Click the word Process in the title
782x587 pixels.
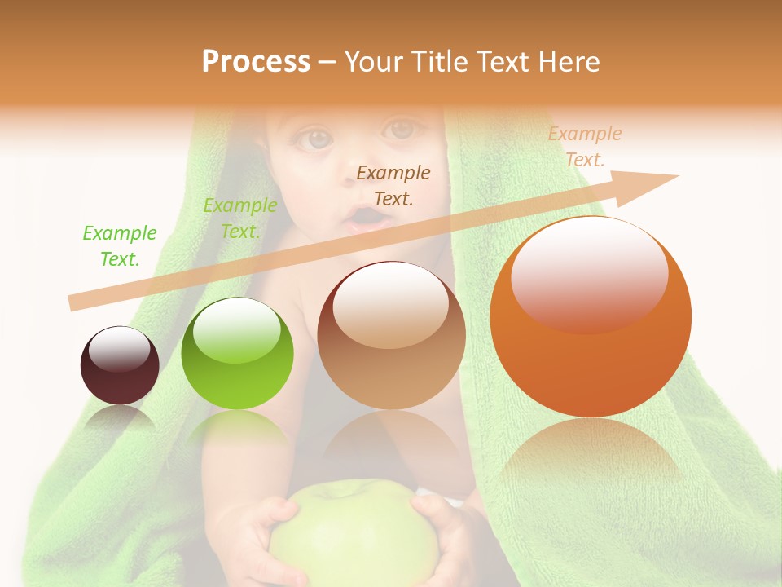pyautogui.click(x=256, y=62)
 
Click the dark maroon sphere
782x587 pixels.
pyautogui.click(x=120, y=365)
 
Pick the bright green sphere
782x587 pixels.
pyautogui.click(x=237, y=353)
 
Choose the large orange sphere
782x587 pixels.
pyautogui.click(x=591, y=316)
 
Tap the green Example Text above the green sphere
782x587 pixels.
pyautogui.click(x=239, y=218)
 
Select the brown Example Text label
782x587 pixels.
pyautogui.click(x=393, y=185)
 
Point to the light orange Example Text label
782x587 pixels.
pyautogui.click(x=585, y=147)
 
